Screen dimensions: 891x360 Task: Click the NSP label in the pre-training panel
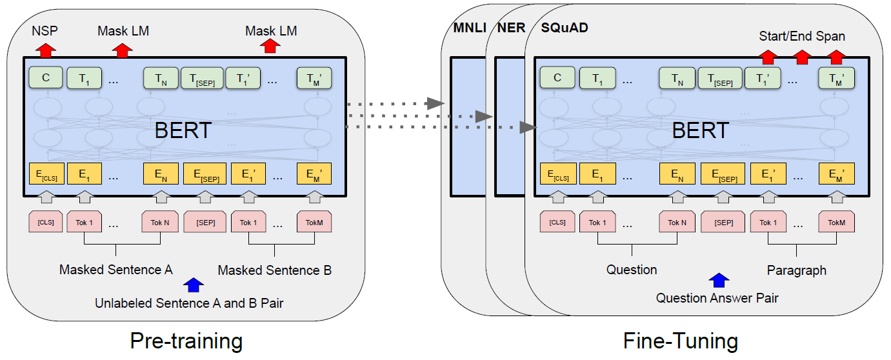[x=45, y=31]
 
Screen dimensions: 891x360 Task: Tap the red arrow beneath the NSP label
[x=46, y=50]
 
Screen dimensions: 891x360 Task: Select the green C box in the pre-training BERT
[x=46, y=77]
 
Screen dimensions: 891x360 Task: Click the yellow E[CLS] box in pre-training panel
[x=46, y=174]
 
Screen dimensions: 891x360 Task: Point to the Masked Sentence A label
[x=115, y=270]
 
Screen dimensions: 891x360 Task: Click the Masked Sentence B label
[x=274, y=270]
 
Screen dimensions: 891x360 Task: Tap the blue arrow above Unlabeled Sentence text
[x=194, y=285]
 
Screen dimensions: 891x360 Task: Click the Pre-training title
[x=186, y=341]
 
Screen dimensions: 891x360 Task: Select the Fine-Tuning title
[x=681, y=341]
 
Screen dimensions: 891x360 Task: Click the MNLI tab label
[x=470, y=28]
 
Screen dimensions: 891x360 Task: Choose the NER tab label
[x=512, y=28]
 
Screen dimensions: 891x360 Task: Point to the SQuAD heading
[x=565, y=28]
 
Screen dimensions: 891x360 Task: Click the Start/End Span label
[x=802, y=36]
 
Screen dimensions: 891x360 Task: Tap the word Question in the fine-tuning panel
[x=632, y=270]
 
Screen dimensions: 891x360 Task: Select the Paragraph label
[x=796, y=270]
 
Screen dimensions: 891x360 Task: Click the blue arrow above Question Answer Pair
[x=719, y=280]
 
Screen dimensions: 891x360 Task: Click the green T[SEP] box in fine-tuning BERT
[x=721, y=78]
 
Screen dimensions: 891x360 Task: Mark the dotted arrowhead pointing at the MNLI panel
[x=435, y=103]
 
